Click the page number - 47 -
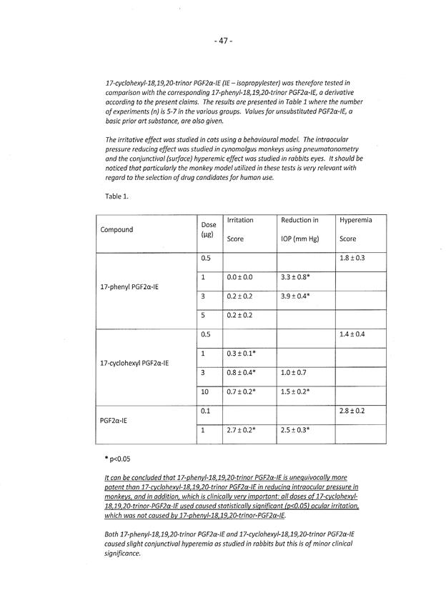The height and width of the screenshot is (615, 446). click(223, 41)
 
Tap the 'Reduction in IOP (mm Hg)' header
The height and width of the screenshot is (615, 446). click(300, 229)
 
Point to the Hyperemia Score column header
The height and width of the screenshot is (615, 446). click(356, 229)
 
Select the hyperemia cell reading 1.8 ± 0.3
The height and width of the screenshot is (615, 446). click(353, 258)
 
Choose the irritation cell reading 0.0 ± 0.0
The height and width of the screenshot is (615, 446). click(239, 276)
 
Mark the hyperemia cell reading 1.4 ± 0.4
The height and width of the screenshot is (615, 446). click(353, 334)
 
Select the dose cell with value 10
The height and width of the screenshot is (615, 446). click(206, 392)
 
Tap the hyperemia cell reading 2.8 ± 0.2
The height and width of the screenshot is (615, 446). click(353, 411)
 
